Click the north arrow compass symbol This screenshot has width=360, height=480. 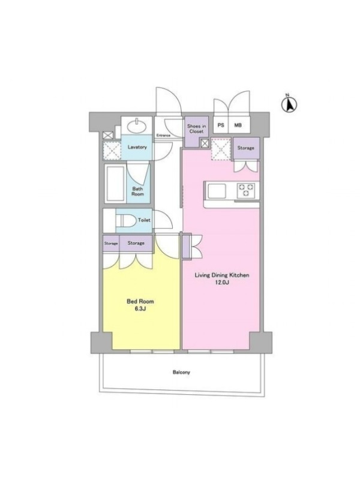point(289,104)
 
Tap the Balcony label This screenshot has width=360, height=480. point(181,372)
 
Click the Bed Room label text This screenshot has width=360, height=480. point(140,301)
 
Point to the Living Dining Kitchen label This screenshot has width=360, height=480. point(222,275)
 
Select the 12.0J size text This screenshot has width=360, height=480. point(223,282)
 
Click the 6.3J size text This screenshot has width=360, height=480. point(140,308)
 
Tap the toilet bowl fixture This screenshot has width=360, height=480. point(126,220)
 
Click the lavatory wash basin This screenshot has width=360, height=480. point(137,126)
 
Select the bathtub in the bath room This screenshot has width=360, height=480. point(115,184)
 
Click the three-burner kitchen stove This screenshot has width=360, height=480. point(246,190)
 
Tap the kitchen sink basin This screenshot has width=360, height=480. point(217,190)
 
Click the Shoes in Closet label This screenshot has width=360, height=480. point(196,128)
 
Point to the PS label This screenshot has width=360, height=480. point(221,125)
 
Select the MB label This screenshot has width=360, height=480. point(238,125)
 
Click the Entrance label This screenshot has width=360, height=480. point(163,136)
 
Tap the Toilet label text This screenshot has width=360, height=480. point(144,220)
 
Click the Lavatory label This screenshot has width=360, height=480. point(137,147)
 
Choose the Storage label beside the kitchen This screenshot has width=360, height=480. point(246,148)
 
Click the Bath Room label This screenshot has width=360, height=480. point(138,191)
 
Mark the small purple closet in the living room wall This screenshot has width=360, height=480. point(186,247)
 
